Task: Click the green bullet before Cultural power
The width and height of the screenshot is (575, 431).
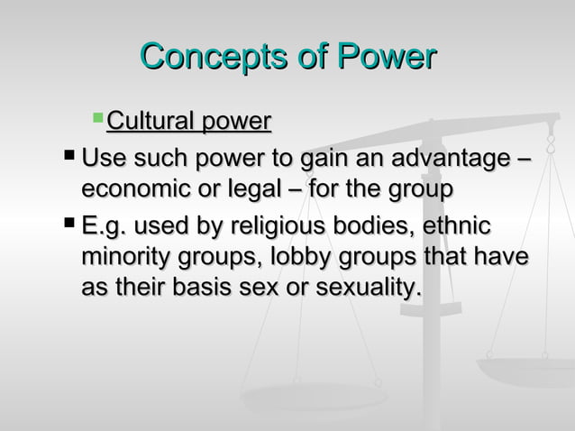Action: pyautogui.click(x=99, y=119)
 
